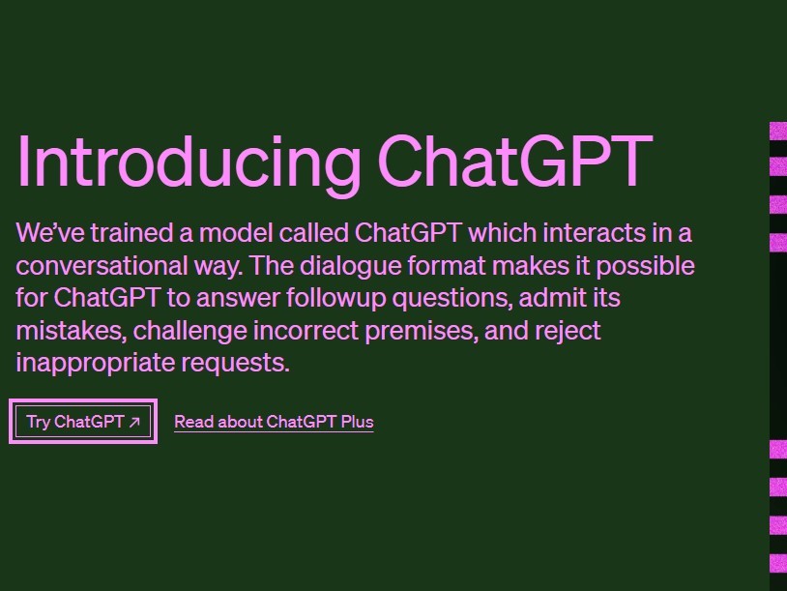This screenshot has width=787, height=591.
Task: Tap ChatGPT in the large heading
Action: pos(515,161)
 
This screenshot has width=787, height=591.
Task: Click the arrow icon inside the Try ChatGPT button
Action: pos(134,423)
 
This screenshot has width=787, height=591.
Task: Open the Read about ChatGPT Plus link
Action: pos(274,422)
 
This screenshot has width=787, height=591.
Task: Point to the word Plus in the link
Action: pos(357,422)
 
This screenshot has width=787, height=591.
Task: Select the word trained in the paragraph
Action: pos(131,233)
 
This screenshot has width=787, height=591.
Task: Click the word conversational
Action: pos(102,266)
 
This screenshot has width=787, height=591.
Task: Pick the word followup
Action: pos(335,299)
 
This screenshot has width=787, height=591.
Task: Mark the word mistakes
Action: pos(71,331)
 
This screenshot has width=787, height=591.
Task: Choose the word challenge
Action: pos(189,332)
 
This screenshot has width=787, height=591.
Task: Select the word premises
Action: pos(422,332)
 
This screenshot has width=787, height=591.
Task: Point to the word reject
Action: pos(568,332)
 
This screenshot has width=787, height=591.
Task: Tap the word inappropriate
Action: pos(96,364)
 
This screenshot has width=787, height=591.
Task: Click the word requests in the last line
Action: pos(235,364)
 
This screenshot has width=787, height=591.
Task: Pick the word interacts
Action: pos(595,233)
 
